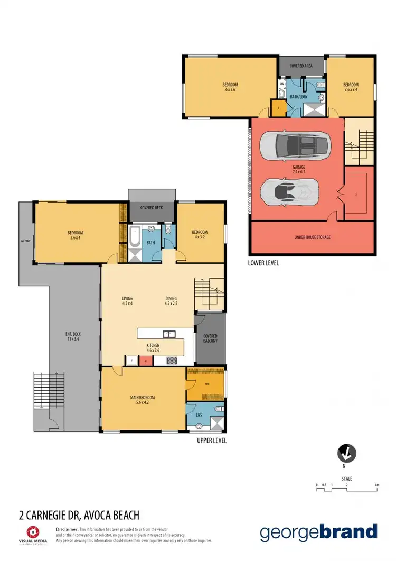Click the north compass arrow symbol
346,453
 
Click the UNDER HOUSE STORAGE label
313,237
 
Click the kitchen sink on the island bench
169,334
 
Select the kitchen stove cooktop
173,361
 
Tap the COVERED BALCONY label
210,338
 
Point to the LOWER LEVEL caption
263,263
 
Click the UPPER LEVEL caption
211,440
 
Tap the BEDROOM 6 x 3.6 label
230,87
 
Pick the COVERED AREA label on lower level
301,66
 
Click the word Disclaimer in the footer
67,529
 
